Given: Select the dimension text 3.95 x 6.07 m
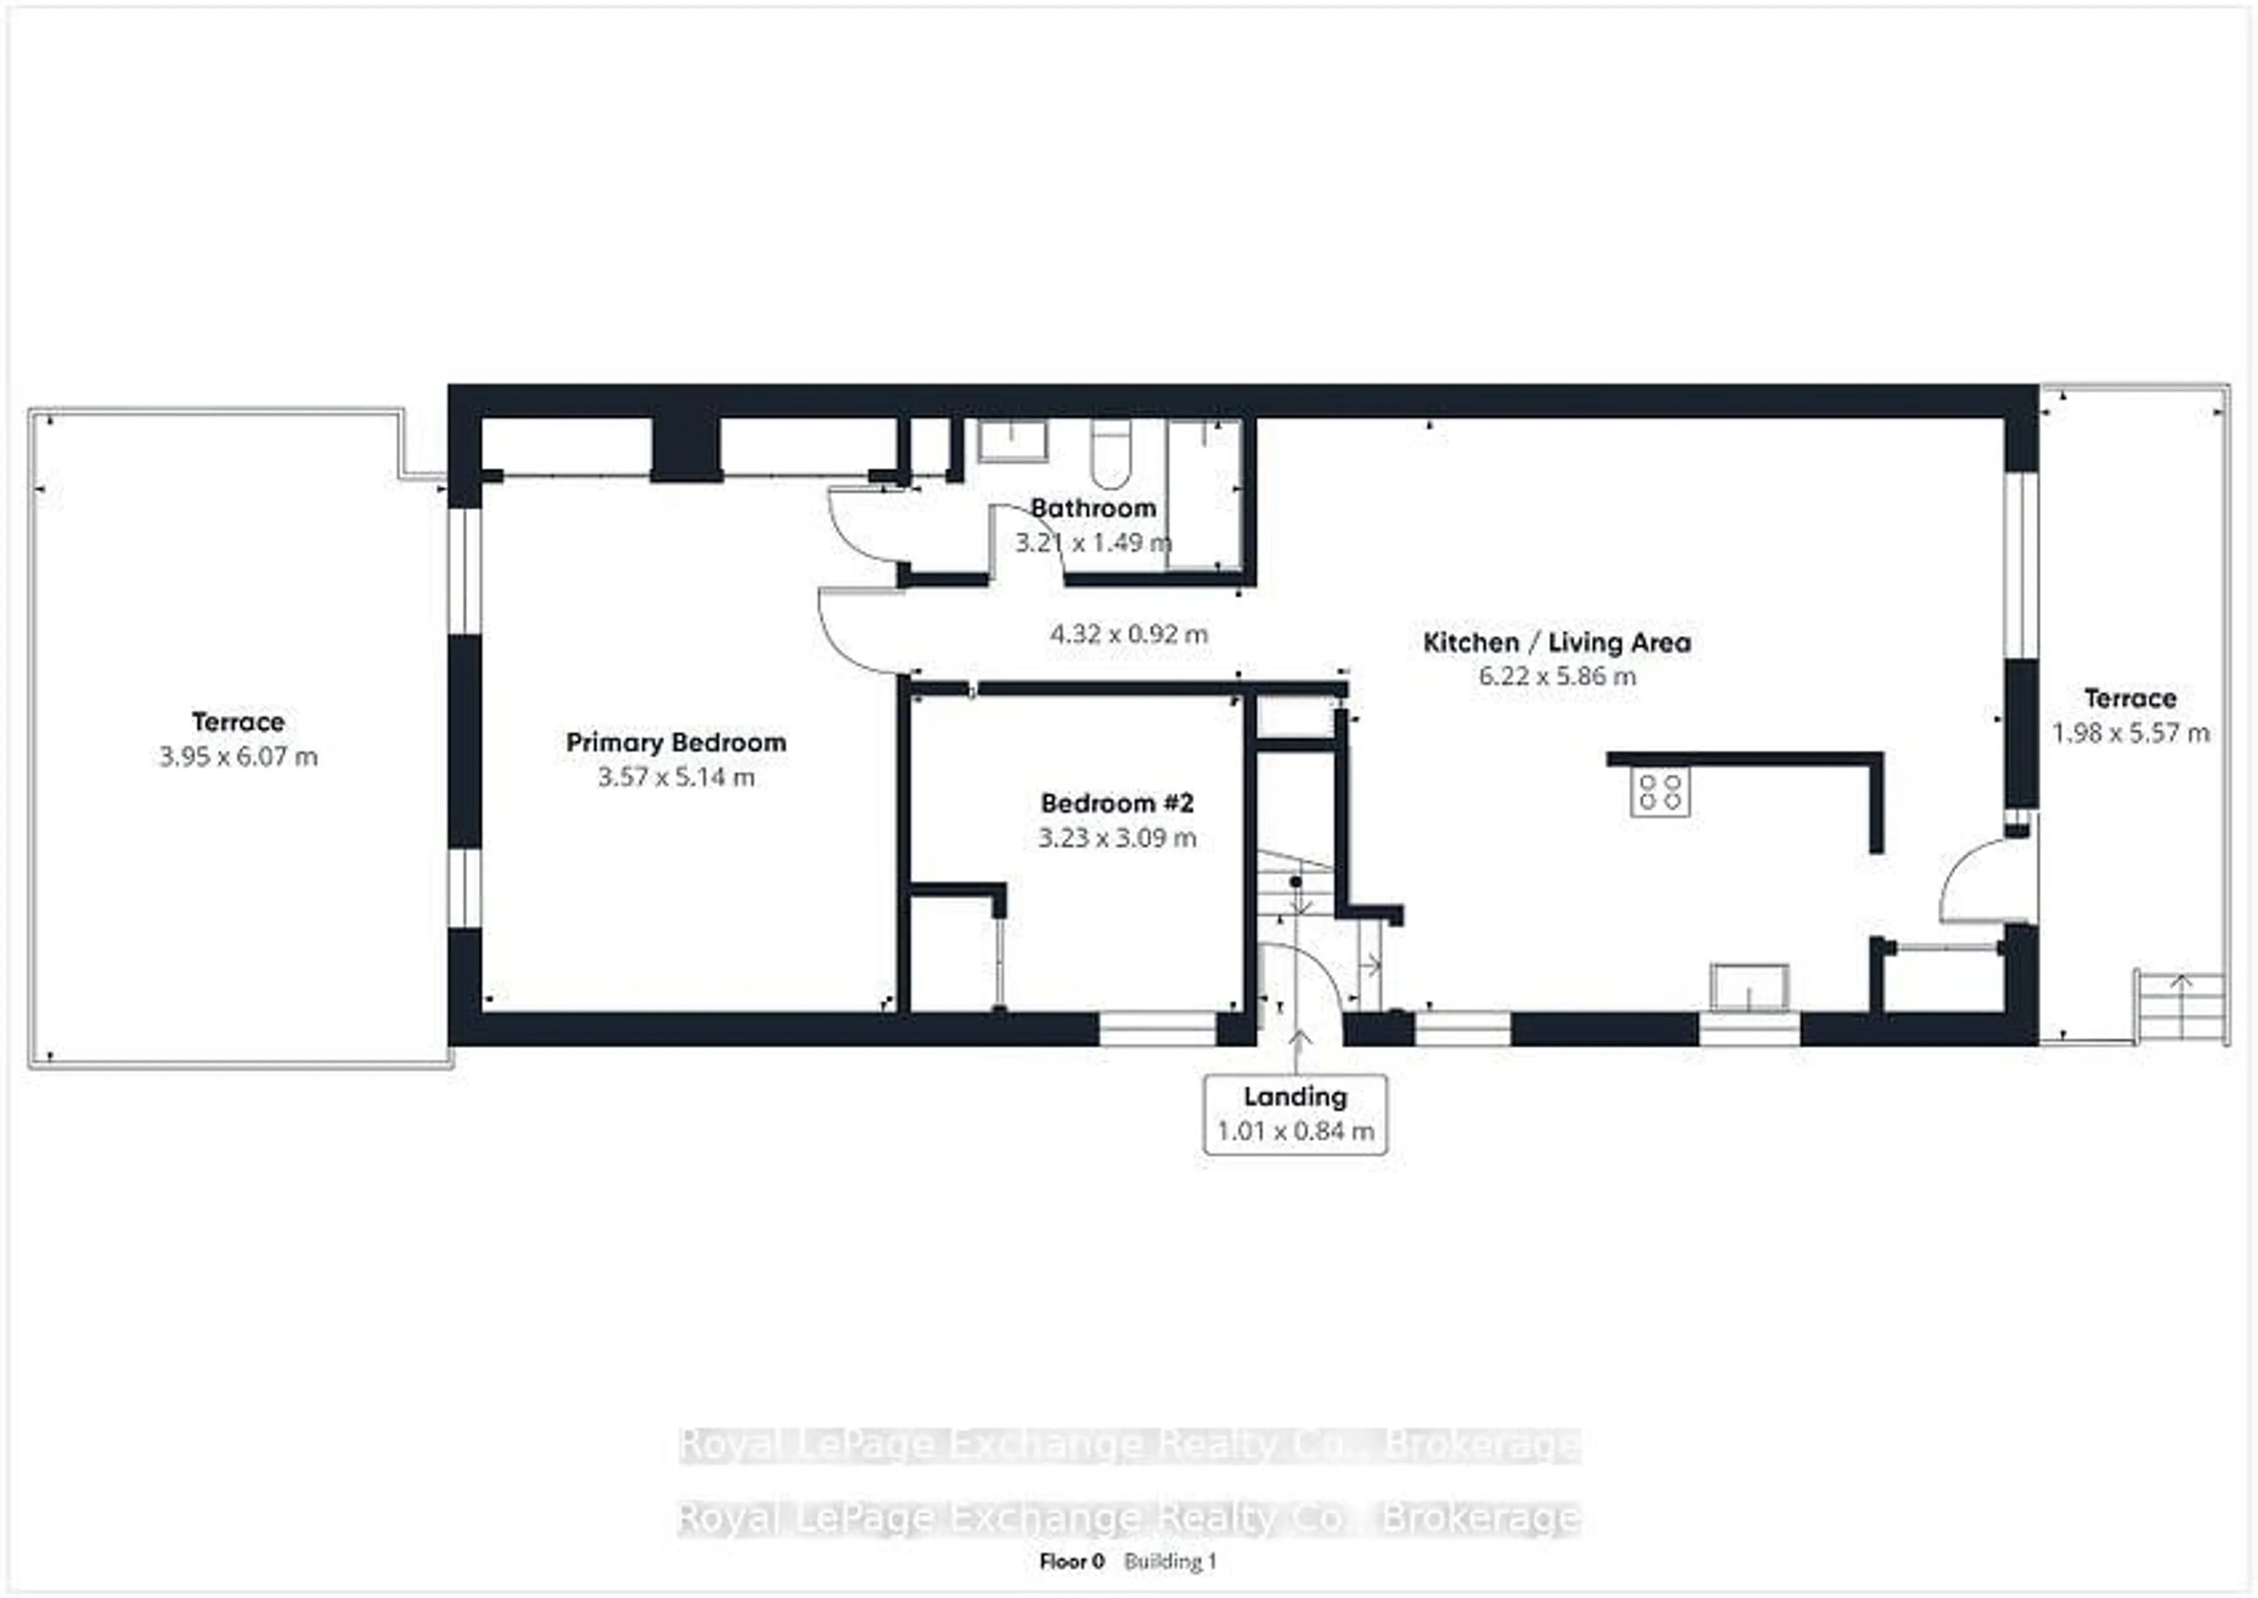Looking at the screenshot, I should click(x=238, y=757).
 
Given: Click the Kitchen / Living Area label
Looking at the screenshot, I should click(x=1556, y=642).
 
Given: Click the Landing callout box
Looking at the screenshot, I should click(x=1295, y=1114).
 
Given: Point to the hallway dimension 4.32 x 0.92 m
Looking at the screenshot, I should click(x=1128, y=633).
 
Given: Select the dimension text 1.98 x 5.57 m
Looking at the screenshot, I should click(x=2130, y=733).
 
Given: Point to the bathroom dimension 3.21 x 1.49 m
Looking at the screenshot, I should click(x=1092, y=542).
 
